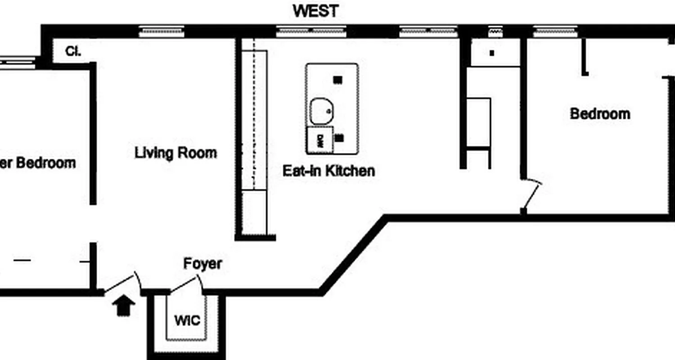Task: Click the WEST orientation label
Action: click(315, 11)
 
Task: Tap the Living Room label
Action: click(175, 153)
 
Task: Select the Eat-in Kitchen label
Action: click(328, 171)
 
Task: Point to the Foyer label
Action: click(202, 264)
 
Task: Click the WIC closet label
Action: click(187, 321)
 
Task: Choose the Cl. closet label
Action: click(73, 51)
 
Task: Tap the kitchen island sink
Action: click(321, 111)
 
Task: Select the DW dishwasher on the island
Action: click(320, 139)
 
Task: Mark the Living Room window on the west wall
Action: click(162, 31)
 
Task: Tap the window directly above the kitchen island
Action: click(311, 31)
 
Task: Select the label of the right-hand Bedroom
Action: click(600, 113)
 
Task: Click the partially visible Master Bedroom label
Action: click(38, 163)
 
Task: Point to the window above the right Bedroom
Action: click(556, 31)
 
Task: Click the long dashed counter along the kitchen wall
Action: click(254, 119)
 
